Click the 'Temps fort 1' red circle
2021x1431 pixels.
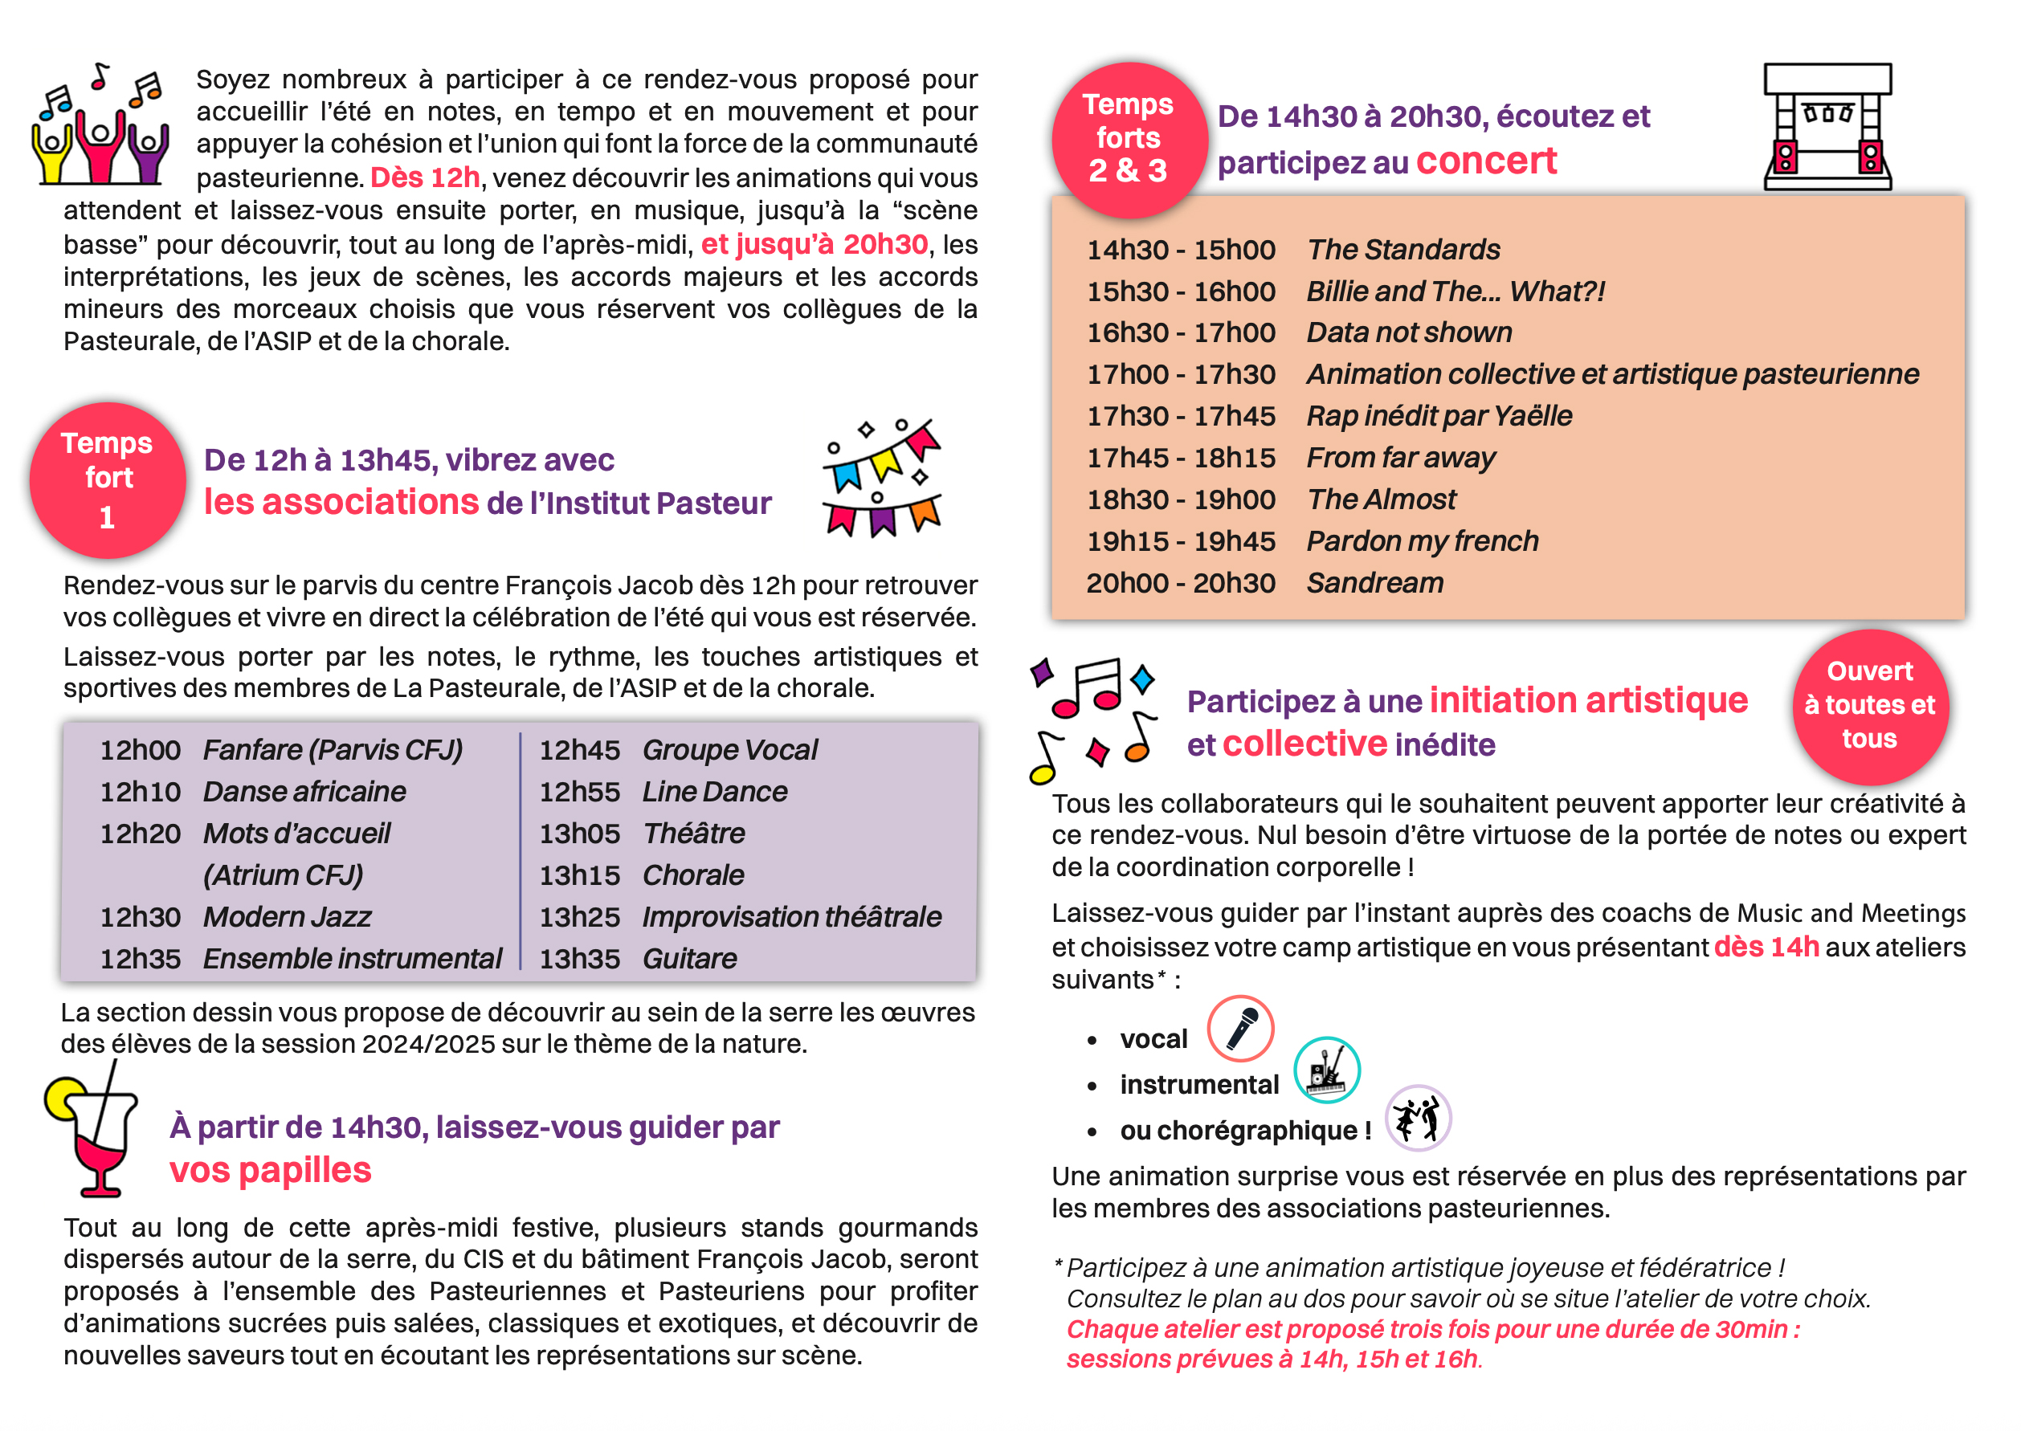pyautogui.click(x=108, y=480)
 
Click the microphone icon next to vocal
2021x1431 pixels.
pyautogui.click(x=1240, y=1029)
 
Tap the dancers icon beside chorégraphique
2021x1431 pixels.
pyautogui.click(x=1418, y=1118)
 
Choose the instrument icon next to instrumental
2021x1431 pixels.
pyautogui.click(x=1326, y=1070)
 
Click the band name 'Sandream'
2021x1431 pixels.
pyautogui.click(x=1374, y=583)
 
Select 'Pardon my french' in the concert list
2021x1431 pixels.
pyautogui.click(x=1422, y=541)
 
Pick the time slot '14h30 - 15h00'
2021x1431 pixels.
pyautogui.click(x=1180, y=251)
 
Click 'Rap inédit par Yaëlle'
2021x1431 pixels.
pyautogui.click(x=1439, y=416)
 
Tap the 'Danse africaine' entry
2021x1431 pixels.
pyautogui.click(x=304, y=792)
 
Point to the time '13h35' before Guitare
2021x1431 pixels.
pyautogui.click(x=579, y=960)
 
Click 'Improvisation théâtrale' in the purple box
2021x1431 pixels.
pyautogui.click(x=790, y=917)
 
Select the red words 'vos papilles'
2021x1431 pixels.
pyautogui.click(x=270, y=1170)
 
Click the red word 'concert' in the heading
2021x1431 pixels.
pyautogui.click(x=1486, y=161)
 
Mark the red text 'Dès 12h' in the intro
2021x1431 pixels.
pyautogui.click(x=425, y=178)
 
